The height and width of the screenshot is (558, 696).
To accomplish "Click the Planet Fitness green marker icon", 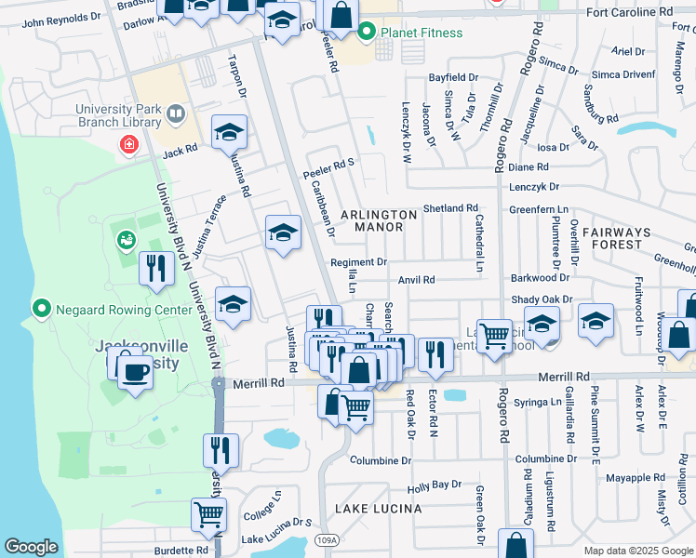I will [x=366, y=33].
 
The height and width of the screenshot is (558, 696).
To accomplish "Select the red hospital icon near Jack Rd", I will [x=127, y=145].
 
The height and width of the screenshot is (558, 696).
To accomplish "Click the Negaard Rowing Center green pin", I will [x=41, y=308].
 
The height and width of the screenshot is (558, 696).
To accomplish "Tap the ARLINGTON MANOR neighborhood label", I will [x=379, y=220].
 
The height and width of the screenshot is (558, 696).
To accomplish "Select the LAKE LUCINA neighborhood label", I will [x=379, y=509].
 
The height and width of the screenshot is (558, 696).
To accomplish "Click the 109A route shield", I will [x=325, y=539].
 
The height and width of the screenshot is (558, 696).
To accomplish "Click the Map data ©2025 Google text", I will [x=638, y=551].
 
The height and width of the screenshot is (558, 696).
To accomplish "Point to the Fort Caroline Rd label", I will [x=628, y=12].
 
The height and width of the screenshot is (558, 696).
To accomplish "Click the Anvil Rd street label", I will [x=416, y=279].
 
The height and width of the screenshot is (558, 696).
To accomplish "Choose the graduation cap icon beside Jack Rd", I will [x=229, y=133].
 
